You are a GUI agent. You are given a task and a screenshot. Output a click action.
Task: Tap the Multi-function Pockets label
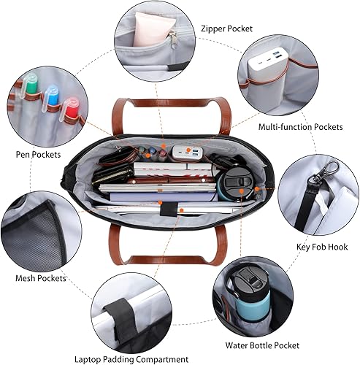coord(301,127)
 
